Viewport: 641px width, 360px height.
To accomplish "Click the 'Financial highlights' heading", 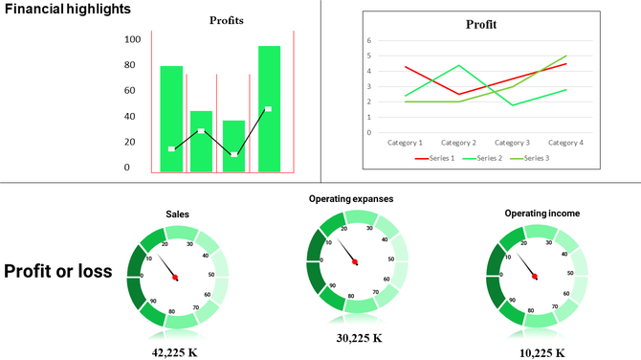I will pyautogui.click(x=67, y=9).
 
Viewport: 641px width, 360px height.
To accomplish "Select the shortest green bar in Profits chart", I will pyautogui.click(x=233, y=146).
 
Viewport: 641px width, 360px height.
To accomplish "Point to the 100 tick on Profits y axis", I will pyautogui.click(x=133, y=39).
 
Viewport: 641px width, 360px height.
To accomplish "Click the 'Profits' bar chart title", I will pyautogui.click(x=227, y=20).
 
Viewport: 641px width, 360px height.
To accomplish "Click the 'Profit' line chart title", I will pyautogui.click(x=481, y=25).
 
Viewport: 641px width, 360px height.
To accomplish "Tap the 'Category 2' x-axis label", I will pyautogui.click(x=458, y=142).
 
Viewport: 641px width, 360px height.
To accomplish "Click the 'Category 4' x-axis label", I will pyautogui.click(x=565, y=142).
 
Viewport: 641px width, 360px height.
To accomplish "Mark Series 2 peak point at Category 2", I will pyautogui.click(x=459, y=65).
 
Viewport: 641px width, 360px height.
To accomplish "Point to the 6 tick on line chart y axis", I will pyautogui.click(x=368, y=41).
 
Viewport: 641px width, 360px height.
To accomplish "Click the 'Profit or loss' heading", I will pyautogui.click(x=58, y=271).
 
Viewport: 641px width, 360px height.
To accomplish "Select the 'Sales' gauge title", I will pyautogui.click(x=177, y=214).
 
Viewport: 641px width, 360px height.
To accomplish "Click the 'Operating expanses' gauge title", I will pyautogui.click(x=351, y=199).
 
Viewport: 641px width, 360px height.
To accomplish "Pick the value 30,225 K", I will pyautogui.click(x=359, y=337).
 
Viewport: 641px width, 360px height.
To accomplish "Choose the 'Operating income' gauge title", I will pyautogui.click(x=536, y=214).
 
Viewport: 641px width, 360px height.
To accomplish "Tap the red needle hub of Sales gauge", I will pyautogui.click(x=176, y=277).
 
